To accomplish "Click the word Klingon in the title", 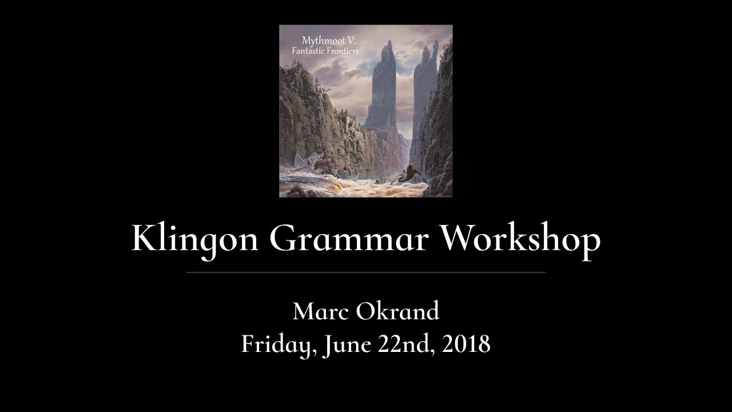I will (x=195, y=238).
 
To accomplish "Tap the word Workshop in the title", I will (x=520, y=238).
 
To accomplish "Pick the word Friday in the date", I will (x=278, y=344).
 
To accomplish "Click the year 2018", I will (x=466, y=344).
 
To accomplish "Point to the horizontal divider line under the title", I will (x=366, y=272).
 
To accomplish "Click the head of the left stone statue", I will (x=389, y=45).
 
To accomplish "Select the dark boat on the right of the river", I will (x=409, y=175).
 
